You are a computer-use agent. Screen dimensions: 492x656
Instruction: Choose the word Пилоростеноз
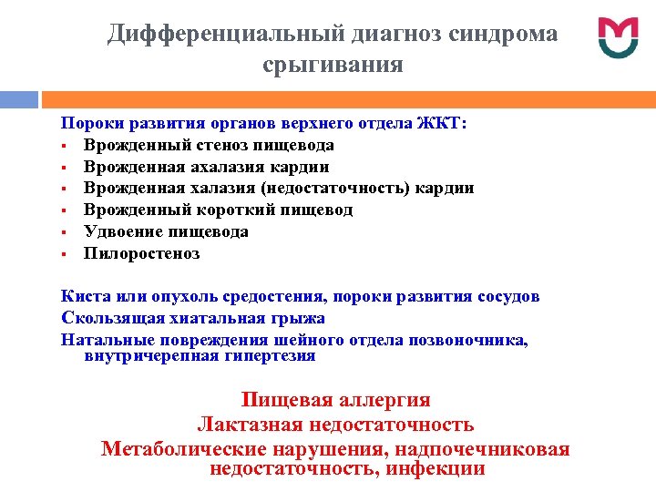(x=141, y=254)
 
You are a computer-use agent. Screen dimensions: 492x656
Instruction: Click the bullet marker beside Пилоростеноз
(x=66, y=254)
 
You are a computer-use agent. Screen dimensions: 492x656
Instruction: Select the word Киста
(x=83, y=297)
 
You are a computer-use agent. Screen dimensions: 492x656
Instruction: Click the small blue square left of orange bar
(x=19, y=97)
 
